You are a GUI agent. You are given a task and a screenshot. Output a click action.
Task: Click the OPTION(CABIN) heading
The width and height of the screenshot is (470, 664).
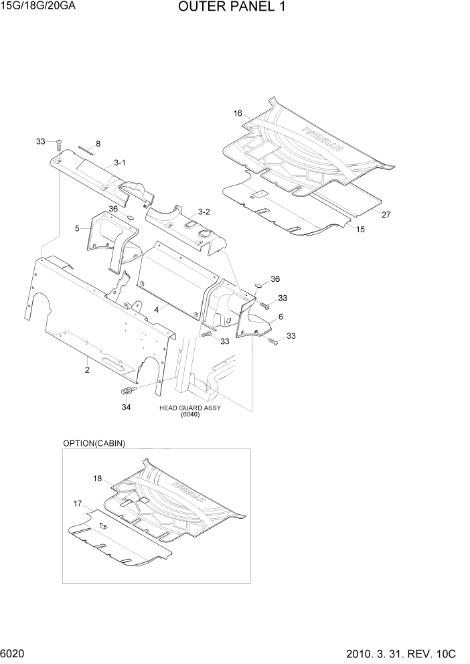94,443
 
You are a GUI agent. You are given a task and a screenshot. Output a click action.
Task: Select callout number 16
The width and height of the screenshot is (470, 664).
237,114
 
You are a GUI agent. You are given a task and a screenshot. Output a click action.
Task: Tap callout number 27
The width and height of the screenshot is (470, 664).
386,215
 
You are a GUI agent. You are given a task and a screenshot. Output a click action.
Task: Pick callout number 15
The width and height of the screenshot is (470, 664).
360,229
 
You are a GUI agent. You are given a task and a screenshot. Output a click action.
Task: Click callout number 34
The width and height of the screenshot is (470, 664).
126,406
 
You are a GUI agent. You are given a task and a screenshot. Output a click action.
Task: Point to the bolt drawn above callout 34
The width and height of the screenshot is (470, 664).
127,390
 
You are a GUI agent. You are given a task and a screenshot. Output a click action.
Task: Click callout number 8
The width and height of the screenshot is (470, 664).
98,144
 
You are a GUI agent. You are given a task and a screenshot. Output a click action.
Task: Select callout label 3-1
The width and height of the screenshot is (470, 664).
120,162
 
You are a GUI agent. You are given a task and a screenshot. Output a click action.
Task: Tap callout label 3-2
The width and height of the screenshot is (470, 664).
203,212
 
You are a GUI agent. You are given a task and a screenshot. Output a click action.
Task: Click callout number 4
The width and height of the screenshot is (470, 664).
156,309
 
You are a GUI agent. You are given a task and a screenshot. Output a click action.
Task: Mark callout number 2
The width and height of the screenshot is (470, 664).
87,369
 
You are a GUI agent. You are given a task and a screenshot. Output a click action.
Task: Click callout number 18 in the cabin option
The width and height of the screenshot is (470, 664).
97,479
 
